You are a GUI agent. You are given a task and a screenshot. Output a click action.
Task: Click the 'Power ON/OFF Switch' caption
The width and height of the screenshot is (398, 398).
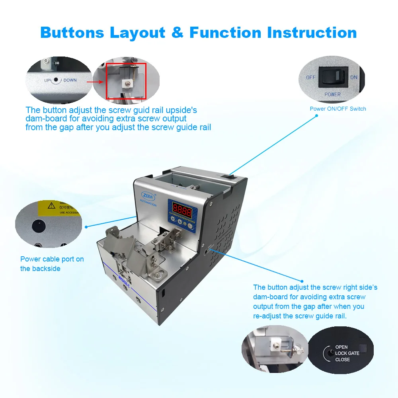338,109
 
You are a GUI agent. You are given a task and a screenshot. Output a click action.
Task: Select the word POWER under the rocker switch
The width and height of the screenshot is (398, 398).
332,94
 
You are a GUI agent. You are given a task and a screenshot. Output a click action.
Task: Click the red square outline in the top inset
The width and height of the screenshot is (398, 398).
126,81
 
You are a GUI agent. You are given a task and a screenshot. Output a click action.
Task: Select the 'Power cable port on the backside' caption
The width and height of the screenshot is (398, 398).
52,264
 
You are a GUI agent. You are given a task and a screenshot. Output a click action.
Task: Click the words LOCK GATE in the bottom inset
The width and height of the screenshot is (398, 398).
347,353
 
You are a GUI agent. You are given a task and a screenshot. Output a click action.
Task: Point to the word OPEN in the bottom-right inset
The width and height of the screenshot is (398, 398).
341,347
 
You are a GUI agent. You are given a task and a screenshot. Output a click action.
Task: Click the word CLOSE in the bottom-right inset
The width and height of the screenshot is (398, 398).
342,359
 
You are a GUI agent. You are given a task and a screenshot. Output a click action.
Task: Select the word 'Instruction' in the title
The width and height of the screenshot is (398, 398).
312,32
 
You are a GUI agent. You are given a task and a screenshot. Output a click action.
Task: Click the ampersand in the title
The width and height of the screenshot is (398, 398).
177,32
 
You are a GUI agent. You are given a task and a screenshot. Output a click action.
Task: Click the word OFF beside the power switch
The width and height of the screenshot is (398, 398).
311,77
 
